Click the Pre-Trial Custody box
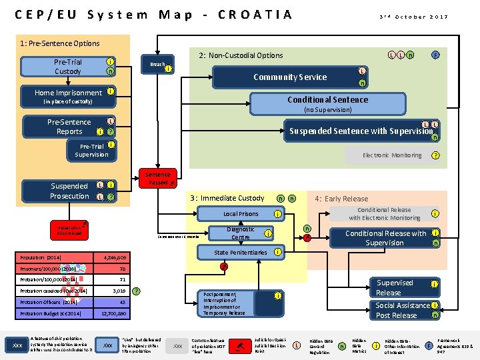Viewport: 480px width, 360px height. [x=67, y=67]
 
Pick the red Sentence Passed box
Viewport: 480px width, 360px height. [x=158, y=178]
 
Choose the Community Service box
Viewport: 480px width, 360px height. [x=290, y=77]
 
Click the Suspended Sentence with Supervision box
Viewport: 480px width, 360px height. [x=360, y=131]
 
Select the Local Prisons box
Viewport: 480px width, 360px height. [x=241, y=214]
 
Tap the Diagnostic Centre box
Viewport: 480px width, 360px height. [x=241, y=233]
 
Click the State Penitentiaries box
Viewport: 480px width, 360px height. [x=241, y=253]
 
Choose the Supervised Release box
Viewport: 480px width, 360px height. [x=394, y=288]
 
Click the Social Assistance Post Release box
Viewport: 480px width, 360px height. [x=402, y=310]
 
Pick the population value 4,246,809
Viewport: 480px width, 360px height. [x=114, y=257]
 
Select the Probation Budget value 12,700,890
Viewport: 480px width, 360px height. [x=114, y=313]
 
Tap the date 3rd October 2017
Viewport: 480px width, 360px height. [x=413, y=17]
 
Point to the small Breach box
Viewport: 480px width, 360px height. [x=157, y=65]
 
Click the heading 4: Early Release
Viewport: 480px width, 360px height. [x=341, y=198]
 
